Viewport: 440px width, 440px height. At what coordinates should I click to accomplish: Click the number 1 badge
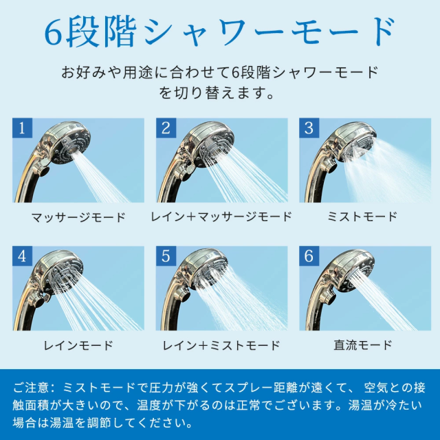pos(22,128)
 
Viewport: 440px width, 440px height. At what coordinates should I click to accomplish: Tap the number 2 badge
pos(166,128)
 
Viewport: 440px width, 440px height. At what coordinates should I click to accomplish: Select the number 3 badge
pos(309,128)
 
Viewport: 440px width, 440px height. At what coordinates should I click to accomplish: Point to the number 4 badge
pos(22,256)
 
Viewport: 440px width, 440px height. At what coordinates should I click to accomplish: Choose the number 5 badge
pos(166,256)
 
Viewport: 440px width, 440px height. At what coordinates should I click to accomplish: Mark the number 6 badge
pos(309,256)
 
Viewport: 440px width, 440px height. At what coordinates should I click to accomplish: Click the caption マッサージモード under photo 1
pos(78,217)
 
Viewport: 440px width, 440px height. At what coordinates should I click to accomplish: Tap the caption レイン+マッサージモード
pos(221,217)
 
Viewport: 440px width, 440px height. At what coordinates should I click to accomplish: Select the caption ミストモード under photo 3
pos(362,217)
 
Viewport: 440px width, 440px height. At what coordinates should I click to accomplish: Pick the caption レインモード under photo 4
pos(78,345)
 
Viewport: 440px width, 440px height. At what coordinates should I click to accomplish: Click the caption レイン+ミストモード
pos(221,345)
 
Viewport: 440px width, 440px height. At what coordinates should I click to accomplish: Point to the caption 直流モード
pos(363,345)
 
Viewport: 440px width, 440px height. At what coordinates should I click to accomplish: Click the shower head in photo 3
pos(354,142)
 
